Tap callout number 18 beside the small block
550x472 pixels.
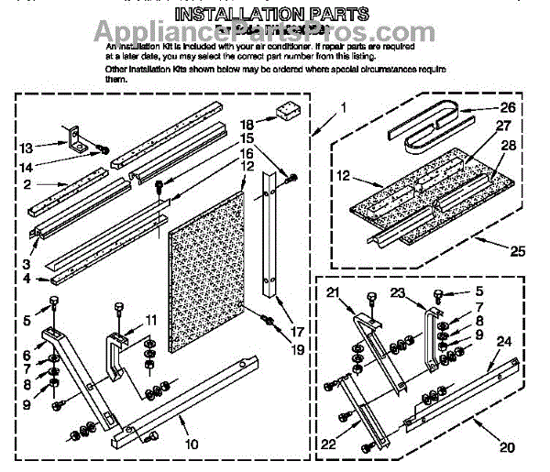tap(246, 124)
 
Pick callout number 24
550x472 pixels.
tap(503, 341)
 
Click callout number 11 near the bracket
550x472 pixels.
tap(151, 320)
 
